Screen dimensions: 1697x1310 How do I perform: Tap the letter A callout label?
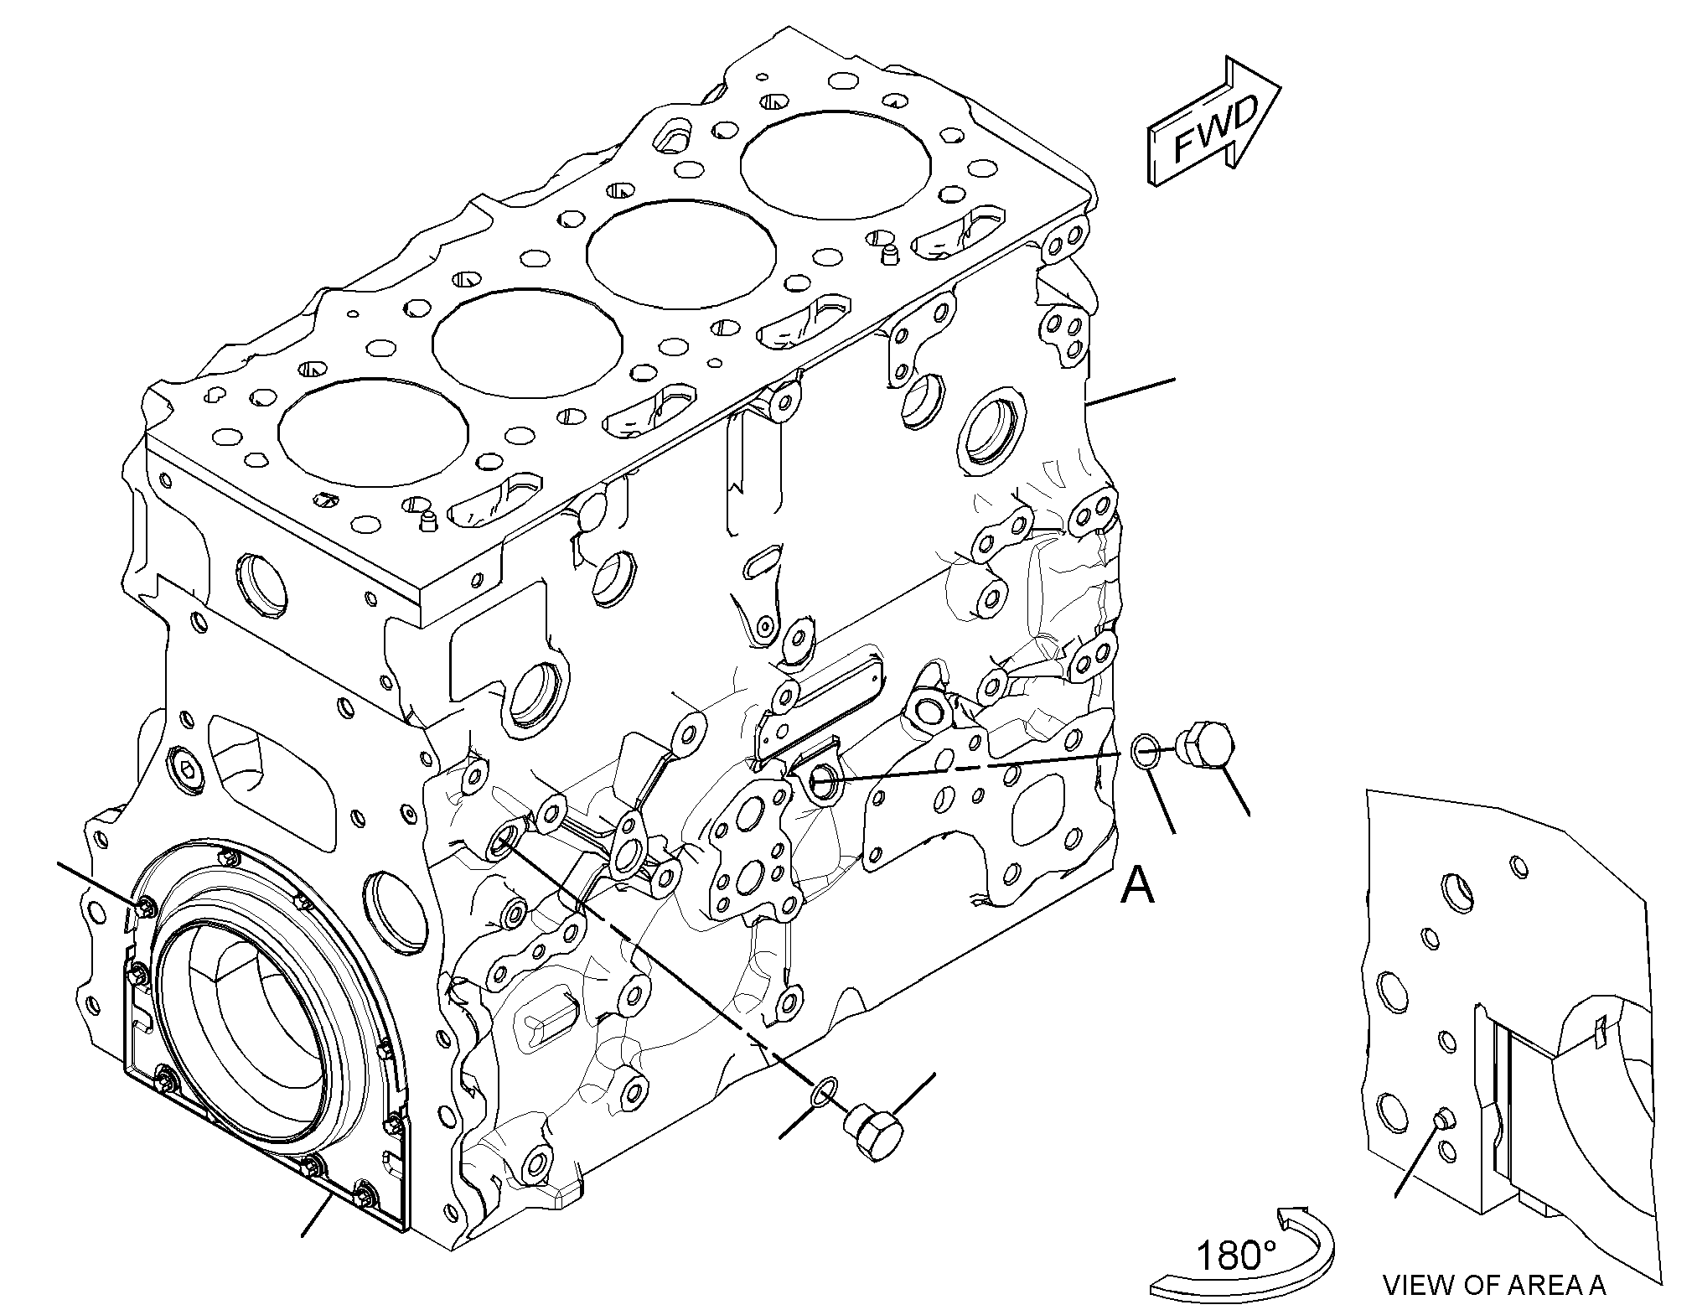coord(1138,885)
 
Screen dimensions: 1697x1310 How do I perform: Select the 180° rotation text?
coord(1235,1256)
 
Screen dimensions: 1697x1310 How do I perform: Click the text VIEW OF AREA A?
coord(1494,1285)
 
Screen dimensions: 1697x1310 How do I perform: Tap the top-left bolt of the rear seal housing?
coord(146,905)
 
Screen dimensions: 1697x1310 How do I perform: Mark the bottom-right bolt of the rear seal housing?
coord(365,1192)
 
